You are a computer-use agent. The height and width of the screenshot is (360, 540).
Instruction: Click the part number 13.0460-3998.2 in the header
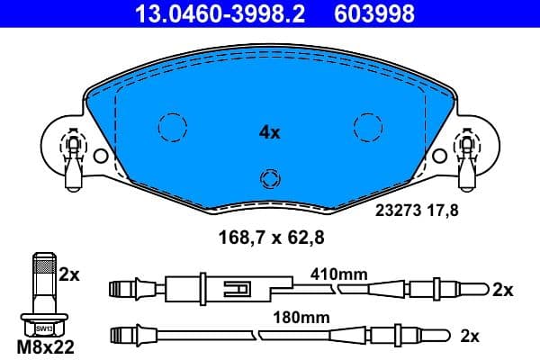click(208, 13)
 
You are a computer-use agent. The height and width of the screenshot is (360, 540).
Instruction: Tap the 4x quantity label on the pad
click(269, 132)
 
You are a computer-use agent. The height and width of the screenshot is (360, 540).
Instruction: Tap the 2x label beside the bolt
click(69, 274)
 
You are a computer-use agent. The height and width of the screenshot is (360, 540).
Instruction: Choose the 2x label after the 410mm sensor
click(502, 290)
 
